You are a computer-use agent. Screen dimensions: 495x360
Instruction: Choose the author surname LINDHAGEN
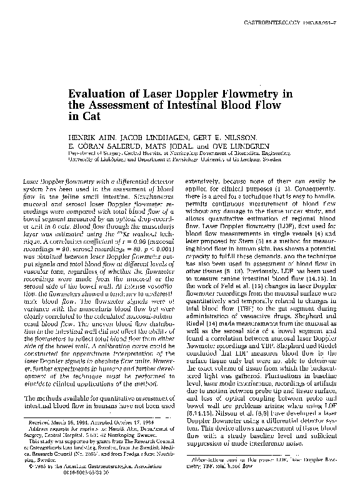click(148, 135)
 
